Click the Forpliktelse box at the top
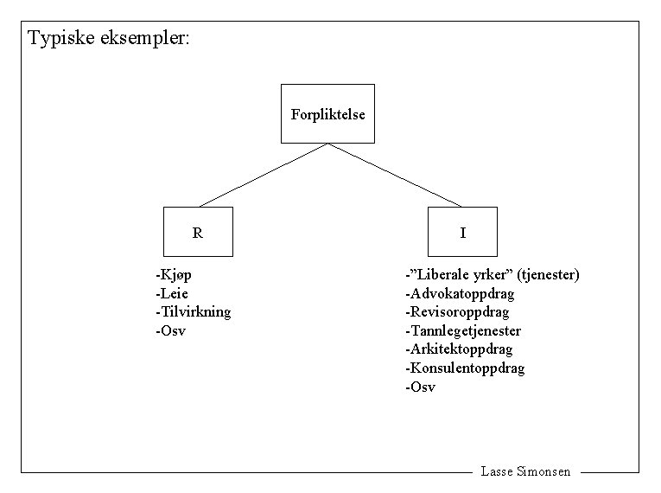(x=327, y=113)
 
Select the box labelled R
(x=199, y=232)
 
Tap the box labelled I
(x=462, y=232)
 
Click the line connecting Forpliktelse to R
(x=264, y=175)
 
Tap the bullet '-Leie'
(x=172, y=293)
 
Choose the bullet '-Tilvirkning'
(x=194, y=312)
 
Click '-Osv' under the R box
(x=171, y=331)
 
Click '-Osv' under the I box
(x=421, y=387)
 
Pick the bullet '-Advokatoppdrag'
(x=460, y=293)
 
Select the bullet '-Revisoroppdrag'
(x=457, y=312)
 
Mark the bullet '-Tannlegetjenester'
(x=463, y=331)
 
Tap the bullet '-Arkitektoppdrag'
(x=459, y=349)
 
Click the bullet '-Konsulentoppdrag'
(x=465, y=368)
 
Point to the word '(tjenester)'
(x=549, y=275)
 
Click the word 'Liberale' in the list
(x=447, y=275)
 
